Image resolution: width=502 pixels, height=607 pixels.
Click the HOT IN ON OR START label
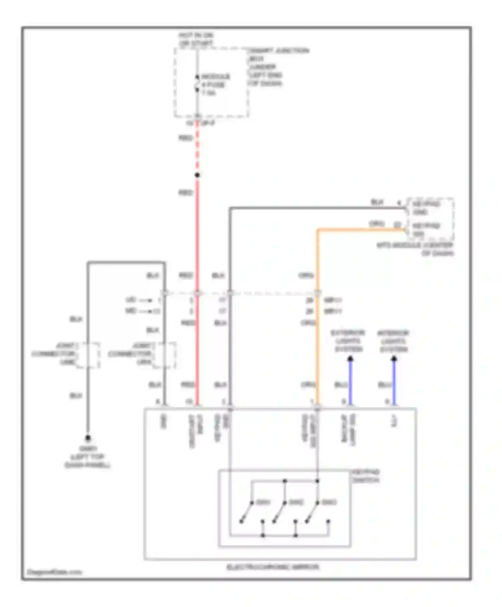(196, 39)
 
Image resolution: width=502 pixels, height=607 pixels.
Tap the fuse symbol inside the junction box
(197, 84)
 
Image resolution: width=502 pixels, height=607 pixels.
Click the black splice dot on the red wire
(197, 175)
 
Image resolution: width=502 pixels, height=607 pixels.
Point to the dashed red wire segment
(197, 147)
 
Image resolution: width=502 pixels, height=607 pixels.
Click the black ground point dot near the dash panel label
(88, 438)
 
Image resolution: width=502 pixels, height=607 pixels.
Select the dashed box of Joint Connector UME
(88, 355)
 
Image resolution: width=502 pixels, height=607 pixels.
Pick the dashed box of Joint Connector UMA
(164, 355)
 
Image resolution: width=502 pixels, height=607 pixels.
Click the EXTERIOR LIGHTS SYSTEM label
(348, 341)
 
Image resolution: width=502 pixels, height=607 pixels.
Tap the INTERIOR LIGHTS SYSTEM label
(393, 341)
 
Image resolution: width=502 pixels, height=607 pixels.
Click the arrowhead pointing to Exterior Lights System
(350, 359)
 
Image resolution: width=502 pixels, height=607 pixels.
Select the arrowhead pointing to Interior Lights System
(394, 359)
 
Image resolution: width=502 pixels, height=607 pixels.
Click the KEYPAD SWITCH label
(366, 476)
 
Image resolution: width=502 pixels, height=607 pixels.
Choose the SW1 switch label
(263, 502)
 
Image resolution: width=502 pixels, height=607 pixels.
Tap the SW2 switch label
(296, 502)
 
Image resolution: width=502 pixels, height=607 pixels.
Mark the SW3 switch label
(329, 502)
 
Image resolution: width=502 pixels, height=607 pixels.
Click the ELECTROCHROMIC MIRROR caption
(273, 567)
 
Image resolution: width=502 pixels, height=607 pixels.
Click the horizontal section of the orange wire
(361, 230)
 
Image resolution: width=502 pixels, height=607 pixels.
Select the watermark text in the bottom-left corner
(55, 572)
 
